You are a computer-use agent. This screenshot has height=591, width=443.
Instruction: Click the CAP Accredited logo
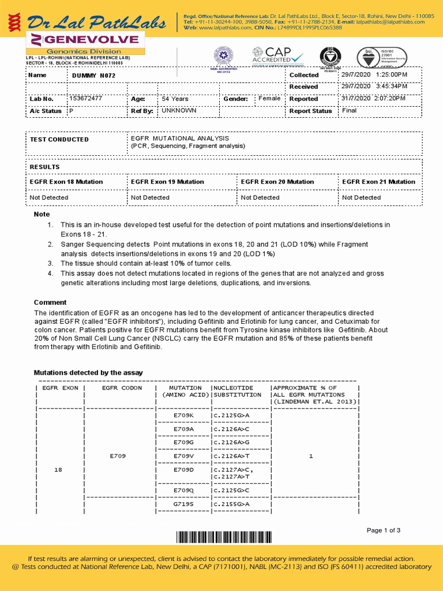point(277,57)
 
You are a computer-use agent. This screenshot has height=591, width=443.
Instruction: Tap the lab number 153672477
point(85,99)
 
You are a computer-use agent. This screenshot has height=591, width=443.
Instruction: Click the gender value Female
point(269,99)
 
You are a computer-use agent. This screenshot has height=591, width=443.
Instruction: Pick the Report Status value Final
point(349,110)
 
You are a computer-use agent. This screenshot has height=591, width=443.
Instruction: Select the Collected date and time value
point(374,75)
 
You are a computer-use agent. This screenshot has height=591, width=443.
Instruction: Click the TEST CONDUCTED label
point(59,140)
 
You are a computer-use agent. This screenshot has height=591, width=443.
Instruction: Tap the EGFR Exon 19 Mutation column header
point(167,182)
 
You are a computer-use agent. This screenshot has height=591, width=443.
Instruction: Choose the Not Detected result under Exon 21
point(362,197)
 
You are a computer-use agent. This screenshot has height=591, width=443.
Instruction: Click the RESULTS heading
point(45,167)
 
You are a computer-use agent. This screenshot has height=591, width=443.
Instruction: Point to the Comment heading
point(50,302)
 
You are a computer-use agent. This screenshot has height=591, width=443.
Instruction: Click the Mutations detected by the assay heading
point(88,373)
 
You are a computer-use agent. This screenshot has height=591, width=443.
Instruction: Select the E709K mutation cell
point(184,415)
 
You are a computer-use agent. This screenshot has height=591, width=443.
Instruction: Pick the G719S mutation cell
point(184,504)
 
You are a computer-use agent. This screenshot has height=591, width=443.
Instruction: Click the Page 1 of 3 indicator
point(384,530)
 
